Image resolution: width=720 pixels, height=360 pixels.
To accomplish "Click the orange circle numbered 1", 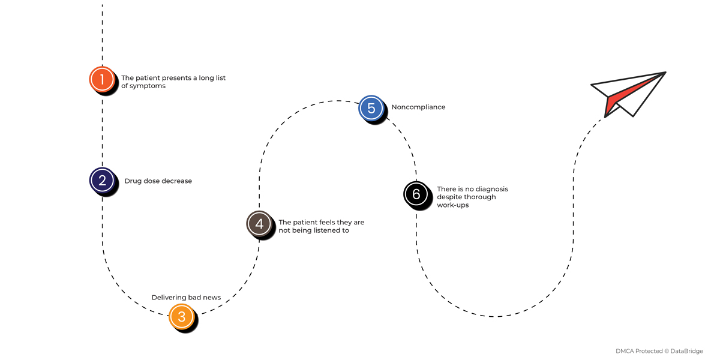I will coord(102,79).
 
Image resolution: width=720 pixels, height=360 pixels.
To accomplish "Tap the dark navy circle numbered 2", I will coord(102,180).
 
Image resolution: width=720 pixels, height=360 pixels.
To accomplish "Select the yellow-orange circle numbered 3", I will coord(181,316).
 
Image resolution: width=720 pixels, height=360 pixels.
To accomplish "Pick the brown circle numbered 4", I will coord(259,223).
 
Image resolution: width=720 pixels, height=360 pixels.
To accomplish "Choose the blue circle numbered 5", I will coord(371,108).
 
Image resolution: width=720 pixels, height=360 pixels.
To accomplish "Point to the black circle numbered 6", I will coord(416,194).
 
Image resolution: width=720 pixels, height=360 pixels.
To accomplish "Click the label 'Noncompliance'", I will coord(418,107).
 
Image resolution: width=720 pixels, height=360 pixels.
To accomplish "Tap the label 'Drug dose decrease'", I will coord(158,181).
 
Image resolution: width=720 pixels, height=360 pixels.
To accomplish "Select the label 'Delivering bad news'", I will coord(186,298).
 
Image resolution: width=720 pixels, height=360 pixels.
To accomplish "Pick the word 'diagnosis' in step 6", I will coord(492,189).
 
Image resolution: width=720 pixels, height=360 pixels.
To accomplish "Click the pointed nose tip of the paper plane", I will coord(665,73).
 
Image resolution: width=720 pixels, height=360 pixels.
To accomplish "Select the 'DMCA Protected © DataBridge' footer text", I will coord(659,351).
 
